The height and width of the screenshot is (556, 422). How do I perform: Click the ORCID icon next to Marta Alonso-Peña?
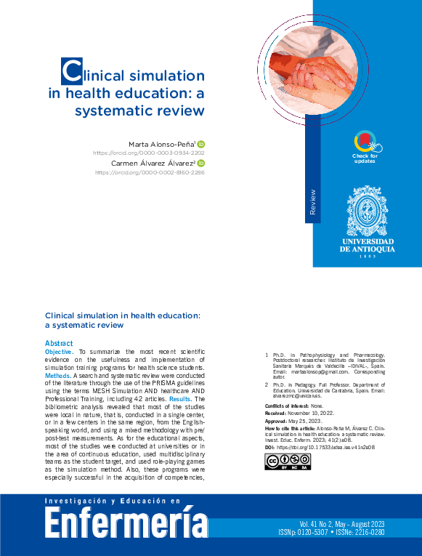pyautogui.click(x=201, y=144)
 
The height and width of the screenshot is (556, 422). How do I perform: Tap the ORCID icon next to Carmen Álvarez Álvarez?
pyautogui.click(x=201, y=164)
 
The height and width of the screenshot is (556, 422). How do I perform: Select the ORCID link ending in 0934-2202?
pyautogui.click(x=149, y=153)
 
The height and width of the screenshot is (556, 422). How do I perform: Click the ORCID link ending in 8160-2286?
pyautogui.click(x=150, y=173)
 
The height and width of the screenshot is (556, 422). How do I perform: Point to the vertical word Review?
pyautogui.click(x=313, y=201)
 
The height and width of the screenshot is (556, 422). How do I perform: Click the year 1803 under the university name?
pyautogui.click(x=368, y=257)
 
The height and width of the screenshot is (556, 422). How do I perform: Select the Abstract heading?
pyautogui.click(x=58, y=343)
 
